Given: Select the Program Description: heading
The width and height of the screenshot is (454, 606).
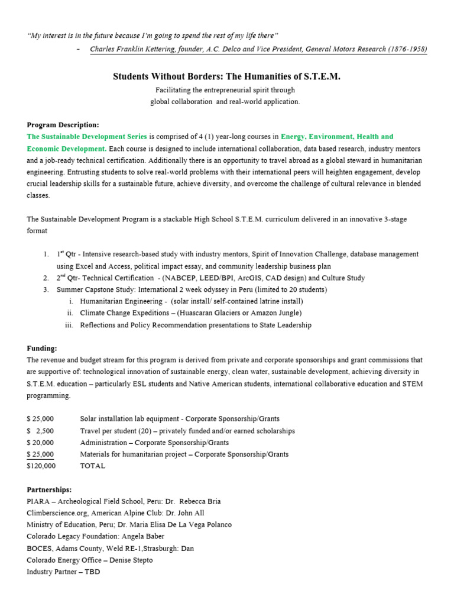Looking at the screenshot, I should point(63,125).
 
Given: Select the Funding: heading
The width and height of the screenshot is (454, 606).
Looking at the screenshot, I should point(42,349).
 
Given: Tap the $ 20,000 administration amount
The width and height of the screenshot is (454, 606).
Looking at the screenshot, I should point(40,443).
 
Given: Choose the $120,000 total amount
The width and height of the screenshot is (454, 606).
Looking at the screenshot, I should point(41,466).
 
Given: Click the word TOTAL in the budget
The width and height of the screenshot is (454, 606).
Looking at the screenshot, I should point(93,466).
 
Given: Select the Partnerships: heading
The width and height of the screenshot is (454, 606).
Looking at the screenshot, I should point(49,489).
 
